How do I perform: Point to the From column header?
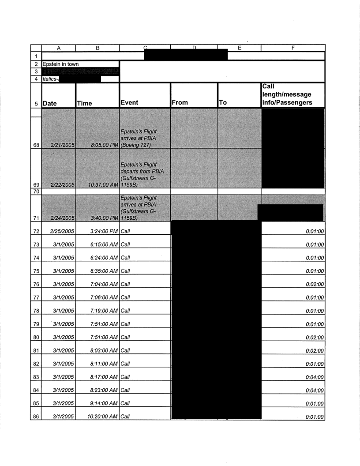[181, 102]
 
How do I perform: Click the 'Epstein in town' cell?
[61, 64]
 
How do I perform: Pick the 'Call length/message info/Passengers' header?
[287, 94]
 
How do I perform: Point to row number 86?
[36, 417]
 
